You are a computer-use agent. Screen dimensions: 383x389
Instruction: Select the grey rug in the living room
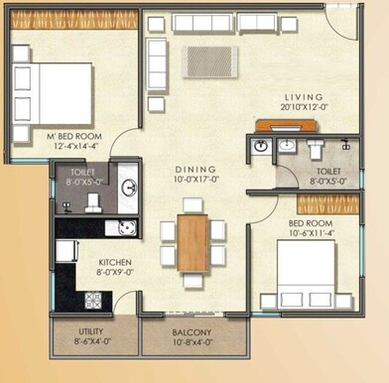(x=209, y=62)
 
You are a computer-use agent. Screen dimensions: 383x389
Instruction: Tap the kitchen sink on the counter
(x=125, y=227)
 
